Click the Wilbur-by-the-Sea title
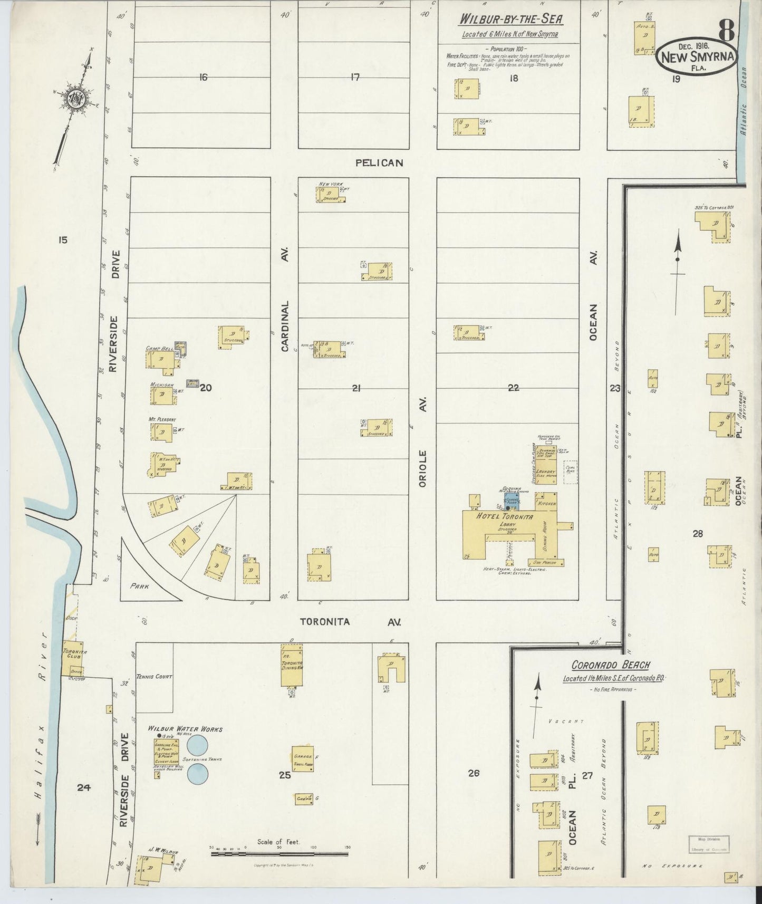tap(511, 20)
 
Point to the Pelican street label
tap(379, 163)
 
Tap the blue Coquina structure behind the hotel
tap(512, 501)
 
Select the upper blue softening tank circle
tap(198, 745)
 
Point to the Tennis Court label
tap(154, 676)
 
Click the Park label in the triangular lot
tap(140, 585)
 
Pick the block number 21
tap(356, 388)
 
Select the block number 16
tap(203, 78)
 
